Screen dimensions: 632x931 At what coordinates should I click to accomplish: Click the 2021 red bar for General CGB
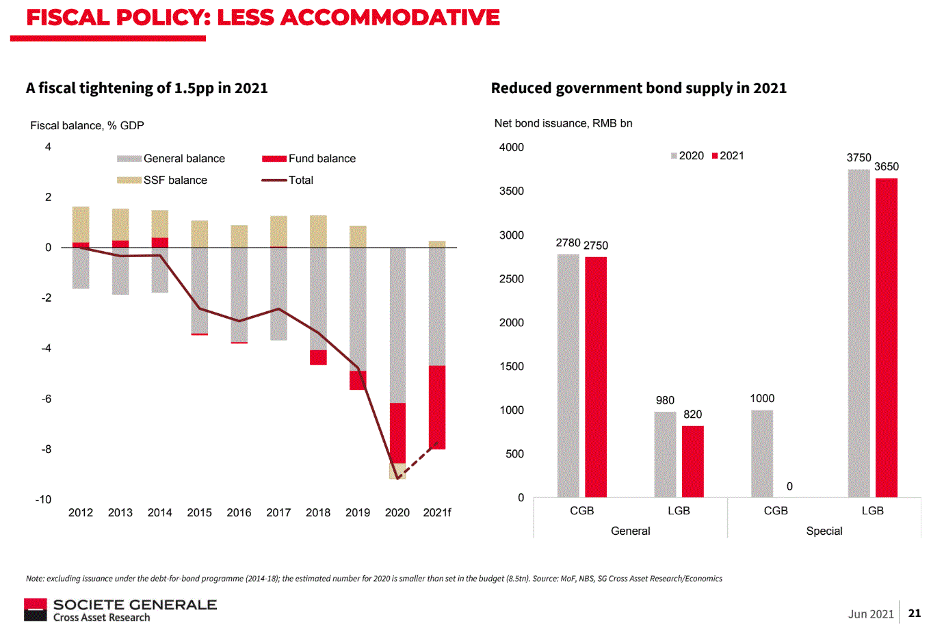pos(596,377)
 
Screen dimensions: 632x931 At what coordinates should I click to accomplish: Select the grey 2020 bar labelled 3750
pos(858,333)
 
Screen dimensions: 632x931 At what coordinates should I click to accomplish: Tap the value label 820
pos(693,414)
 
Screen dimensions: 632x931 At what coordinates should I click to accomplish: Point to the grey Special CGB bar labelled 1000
pos(761,453)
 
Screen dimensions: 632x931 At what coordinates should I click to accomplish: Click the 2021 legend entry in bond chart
pos(728,156)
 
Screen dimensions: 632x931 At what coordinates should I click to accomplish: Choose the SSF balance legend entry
pos(162,181)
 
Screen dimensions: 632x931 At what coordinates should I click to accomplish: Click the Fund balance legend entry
pos(309,159)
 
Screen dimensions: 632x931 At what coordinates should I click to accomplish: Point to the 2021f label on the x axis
pos(437,512)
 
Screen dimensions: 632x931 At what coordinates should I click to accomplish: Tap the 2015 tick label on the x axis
pos(200,512)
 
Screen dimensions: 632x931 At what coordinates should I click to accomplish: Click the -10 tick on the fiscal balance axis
pos(44,499)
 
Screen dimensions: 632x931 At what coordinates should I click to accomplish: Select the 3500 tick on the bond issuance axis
pos(512,192)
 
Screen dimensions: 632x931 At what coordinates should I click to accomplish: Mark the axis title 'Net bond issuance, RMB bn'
pos(563,123)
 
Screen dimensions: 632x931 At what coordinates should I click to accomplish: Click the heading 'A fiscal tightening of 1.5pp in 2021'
pos(147,88)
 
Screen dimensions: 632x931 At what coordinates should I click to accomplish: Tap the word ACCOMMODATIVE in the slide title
pos(390,17)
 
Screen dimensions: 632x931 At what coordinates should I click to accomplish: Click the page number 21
pos(915,613)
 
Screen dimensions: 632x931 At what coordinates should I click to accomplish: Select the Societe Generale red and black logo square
pos(36,609)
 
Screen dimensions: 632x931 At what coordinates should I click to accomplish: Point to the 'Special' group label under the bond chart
pos(824,531)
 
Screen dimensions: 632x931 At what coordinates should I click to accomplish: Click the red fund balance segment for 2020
pos(397,433)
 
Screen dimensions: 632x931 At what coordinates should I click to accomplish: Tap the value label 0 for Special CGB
pos(789,486)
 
